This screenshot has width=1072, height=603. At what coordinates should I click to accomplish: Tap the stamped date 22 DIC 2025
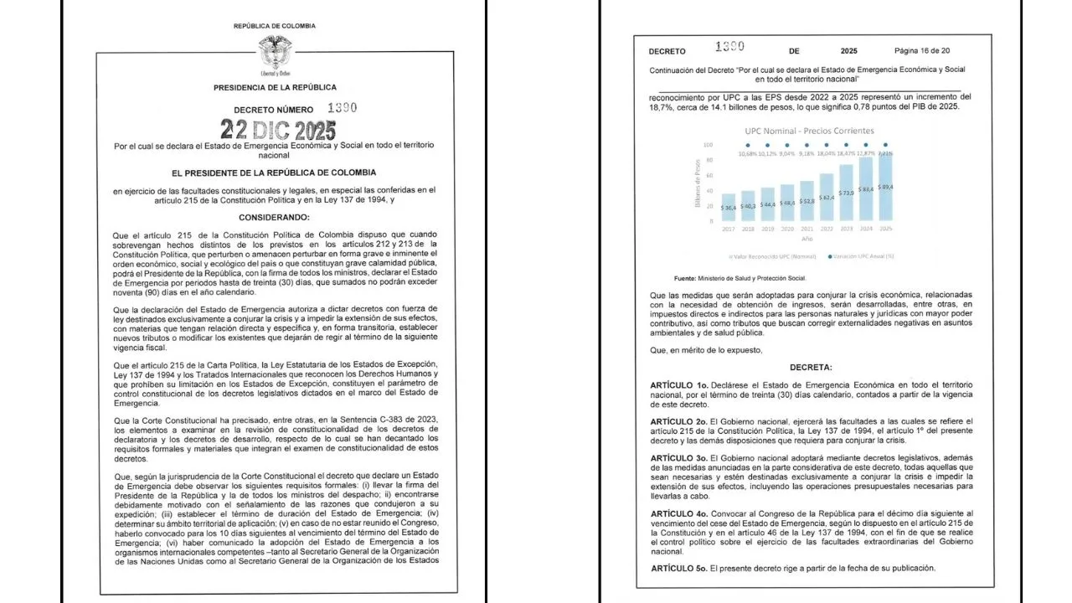coord(278,130)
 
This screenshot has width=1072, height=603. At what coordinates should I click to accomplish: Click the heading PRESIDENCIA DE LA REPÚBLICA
coord(275,87)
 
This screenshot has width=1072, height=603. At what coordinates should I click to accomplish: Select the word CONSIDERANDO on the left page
coord(274,216)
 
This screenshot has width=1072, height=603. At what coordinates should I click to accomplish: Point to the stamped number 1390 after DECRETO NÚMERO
coord(342,108)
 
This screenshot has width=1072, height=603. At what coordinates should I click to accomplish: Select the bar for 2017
coord(729,208)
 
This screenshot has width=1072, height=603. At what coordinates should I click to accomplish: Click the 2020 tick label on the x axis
coord(787,228)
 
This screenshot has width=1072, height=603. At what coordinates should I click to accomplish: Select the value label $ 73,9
coord(847,193)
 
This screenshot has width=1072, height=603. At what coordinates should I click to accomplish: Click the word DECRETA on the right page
coord(809,367)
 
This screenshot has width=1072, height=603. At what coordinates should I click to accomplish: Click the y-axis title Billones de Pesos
coord(698,183)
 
